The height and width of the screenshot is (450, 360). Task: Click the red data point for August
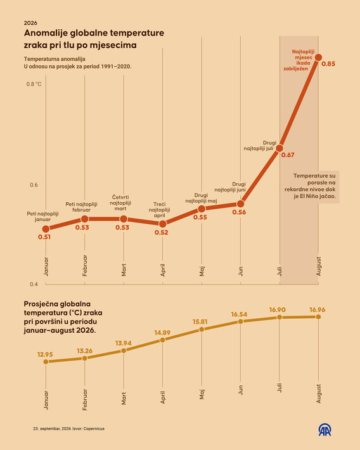[x=318, y=58]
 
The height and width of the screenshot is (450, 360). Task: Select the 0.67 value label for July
[x=288, y=155]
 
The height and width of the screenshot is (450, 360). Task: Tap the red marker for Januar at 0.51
[x=46, y=229]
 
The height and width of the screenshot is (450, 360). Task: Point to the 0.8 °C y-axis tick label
[x=34, y=84]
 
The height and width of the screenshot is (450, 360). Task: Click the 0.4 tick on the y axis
[x=34, y=284]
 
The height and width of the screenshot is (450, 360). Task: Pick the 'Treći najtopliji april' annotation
[x=159, y=210]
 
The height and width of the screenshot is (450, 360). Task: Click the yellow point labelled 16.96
[x=318, y=317]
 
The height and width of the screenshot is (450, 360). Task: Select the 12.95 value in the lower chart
[x=45, y=354]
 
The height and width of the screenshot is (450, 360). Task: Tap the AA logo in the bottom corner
[x=325, y=430]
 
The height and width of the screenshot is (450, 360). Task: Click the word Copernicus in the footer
[x=94, y=428]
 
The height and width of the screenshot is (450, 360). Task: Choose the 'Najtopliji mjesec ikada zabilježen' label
[x=299, y=60]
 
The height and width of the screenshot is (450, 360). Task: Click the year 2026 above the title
[x=30, y=23]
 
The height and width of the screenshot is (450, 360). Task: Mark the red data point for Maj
[x=202, y=209]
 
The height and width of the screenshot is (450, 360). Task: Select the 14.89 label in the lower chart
[x=162, y=333]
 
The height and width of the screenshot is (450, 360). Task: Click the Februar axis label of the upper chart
[x=85, y=266]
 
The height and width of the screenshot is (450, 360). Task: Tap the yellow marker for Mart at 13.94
[x=124, y=350]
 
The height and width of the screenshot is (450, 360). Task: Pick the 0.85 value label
[x=328, y=64]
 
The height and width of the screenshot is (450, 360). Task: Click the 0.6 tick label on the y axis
[x=34, y=185]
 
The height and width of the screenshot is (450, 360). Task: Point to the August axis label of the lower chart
[x=318, y=394]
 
